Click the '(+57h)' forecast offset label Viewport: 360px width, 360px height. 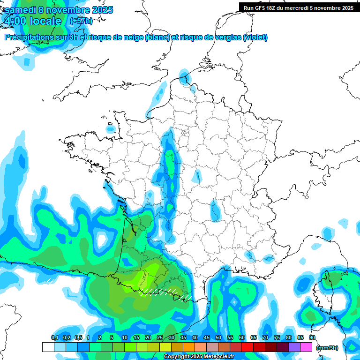(x=81, y=21)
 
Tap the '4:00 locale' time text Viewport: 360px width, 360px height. (x=32, y=21)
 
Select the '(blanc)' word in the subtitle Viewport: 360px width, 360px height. (x=157, y=37)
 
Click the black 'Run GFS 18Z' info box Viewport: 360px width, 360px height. (x=297, y=7)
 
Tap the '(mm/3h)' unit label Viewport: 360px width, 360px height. (x=327, y=347)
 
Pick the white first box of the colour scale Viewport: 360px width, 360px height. (x=48, y=347)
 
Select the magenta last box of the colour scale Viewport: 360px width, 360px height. (x=306, y=347)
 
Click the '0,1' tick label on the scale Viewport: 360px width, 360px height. (x=54, y=337)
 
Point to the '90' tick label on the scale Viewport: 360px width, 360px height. (x=312, y=337)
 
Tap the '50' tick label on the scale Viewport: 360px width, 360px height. (x=218, y=337)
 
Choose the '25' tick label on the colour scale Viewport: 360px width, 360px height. (x=160, y=337)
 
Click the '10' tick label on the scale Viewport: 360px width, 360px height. (x=125, y=337)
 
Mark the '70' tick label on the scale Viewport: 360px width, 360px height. (x=265, y=337)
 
